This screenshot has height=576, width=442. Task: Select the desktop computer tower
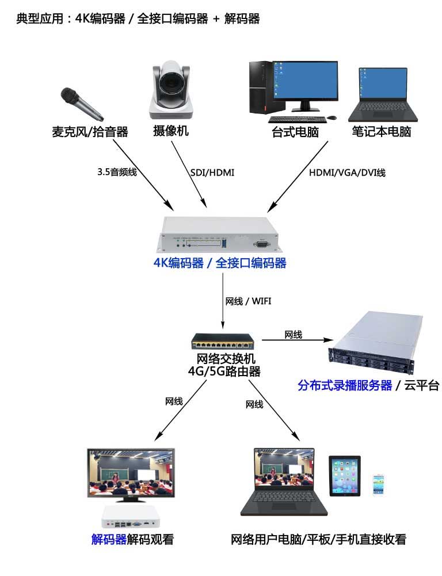click(x=260, y=86)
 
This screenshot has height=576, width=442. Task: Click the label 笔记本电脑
click(x=382, y=132)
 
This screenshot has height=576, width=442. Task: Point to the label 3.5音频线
click(x=117, y=172)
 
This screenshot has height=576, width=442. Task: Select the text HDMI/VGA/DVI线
click(x=347, y=172)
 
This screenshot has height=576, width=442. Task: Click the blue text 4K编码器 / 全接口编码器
click(x=219, y=263)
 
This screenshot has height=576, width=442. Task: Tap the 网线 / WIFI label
click(x=248, y=301)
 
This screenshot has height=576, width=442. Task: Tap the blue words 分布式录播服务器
click(x=345, y=385)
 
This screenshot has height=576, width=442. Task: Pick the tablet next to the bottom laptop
click(x=345, y=475)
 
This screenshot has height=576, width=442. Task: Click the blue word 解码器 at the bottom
click(x=109, y=540)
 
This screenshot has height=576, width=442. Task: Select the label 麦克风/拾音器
click(x=90, y=132)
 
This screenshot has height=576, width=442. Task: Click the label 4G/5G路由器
click(x=224, y=372)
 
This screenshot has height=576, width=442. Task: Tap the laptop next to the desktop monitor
click(x=382, y=94)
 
